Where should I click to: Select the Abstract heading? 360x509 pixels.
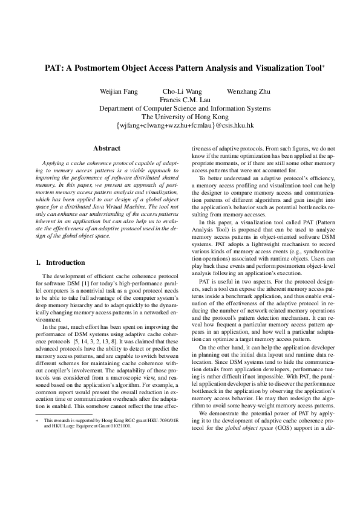point(106,149)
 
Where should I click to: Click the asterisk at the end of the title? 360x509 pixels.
point(324,66)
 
